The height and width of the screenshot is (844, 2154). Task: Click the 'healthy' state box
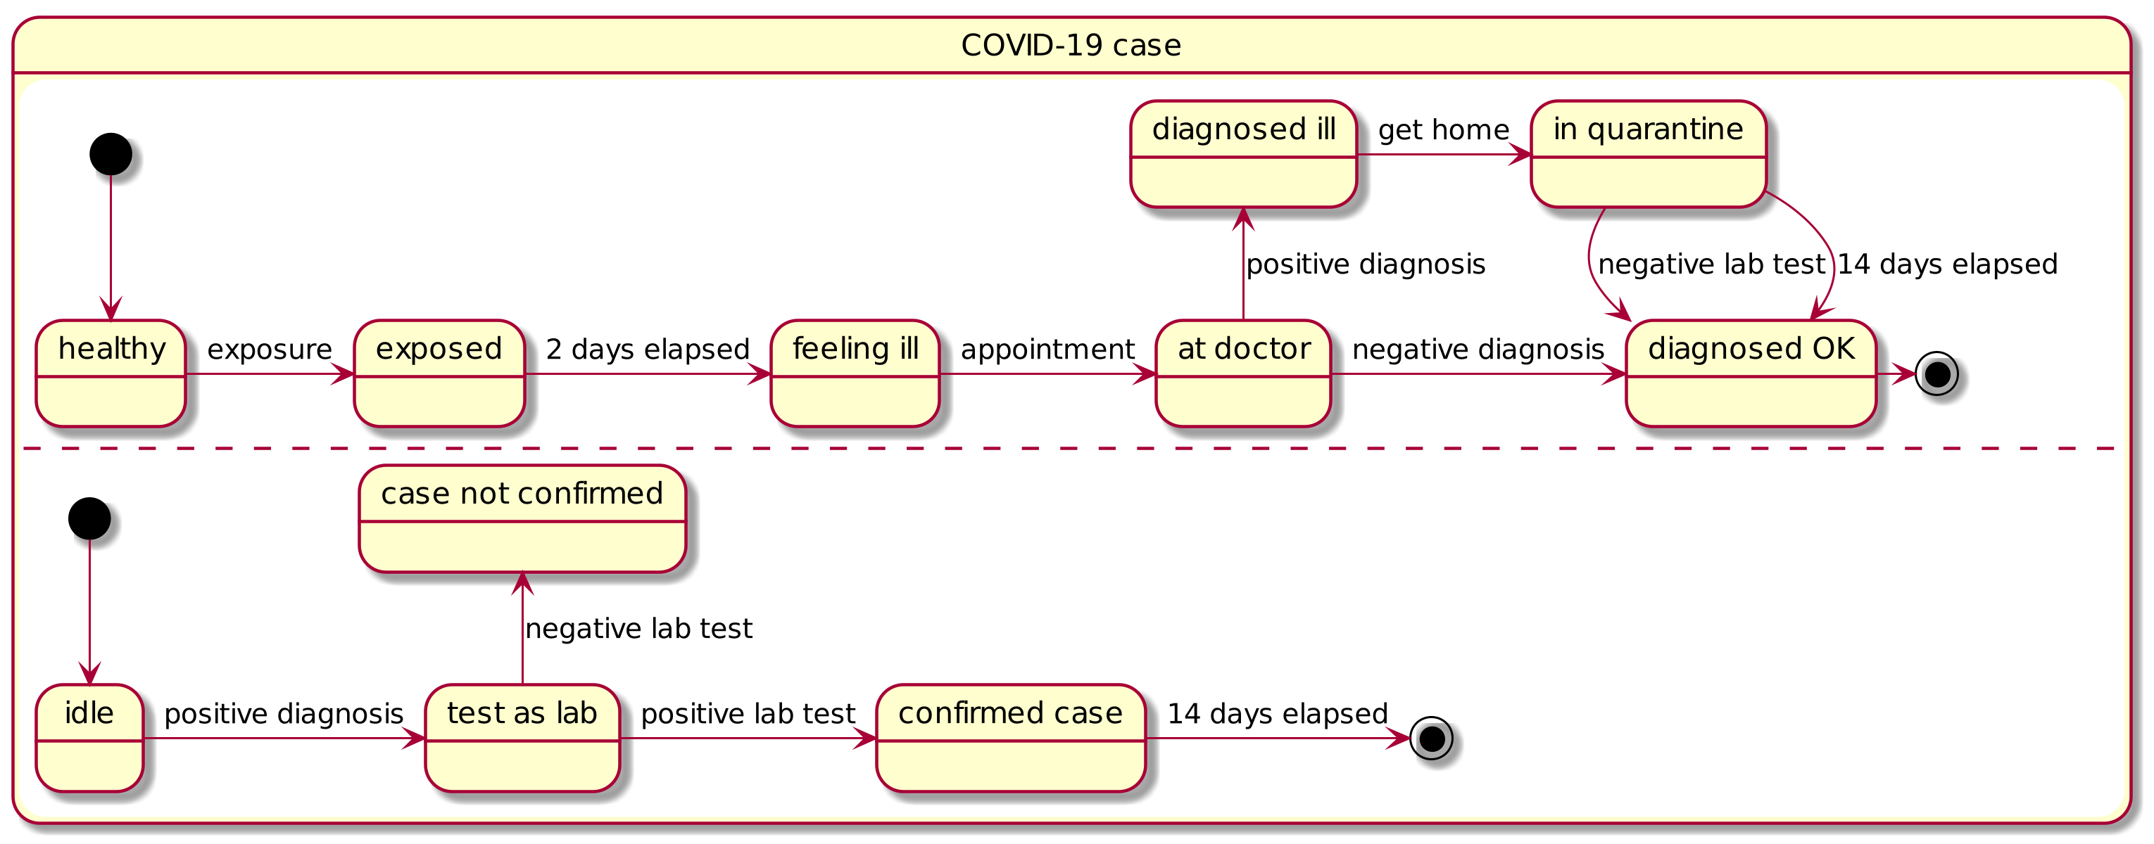(111, 373)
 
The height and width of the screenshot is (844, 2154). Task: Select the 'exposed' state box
(439, 373)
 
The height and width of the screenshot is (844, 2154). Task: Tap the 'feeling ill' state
(855, 373)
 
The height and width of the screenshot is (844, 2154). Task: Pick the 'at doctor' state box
(1243, 373)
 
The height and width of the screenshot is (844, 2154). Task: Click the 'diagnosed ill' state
(1243, 154)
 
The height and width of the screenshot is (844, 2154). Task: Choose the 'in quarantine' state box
(1648, 154)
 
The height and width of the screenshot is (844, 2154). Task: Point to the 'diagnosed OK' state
(1751, 373)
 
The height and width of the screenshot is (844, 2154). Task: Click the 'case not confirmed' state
(522, 519)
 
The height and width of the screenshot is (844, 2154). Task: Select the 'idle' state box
(89, 738)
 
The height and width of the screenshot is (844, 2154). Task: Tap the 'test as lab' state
(522, 738)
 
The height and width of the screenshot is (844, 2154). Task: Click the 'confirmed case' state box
(1011, 738)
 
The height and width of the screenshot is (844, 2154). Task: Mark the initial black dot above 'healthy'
(111, 154)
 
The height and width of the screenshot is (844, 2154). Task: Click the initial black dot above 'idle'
(89, 519)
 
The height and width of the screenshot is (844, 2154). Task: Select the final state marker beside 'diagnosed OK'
(1937, 373)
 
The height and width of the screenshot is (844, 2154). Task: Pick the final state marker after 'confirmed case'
(1432, 738)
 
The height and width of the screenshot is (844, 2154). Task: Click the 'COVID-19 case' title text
(1071, 45)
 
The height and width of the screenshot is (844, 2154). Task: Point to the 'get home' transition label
(1444, 129)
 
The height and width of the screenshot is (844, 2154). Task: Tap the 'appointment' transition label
(1047, 350)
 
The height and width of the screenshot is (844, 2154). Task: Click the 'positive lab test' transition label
(748, 714)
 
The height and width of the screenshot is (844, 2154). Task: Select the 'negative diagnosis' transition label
(1478, 350)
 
